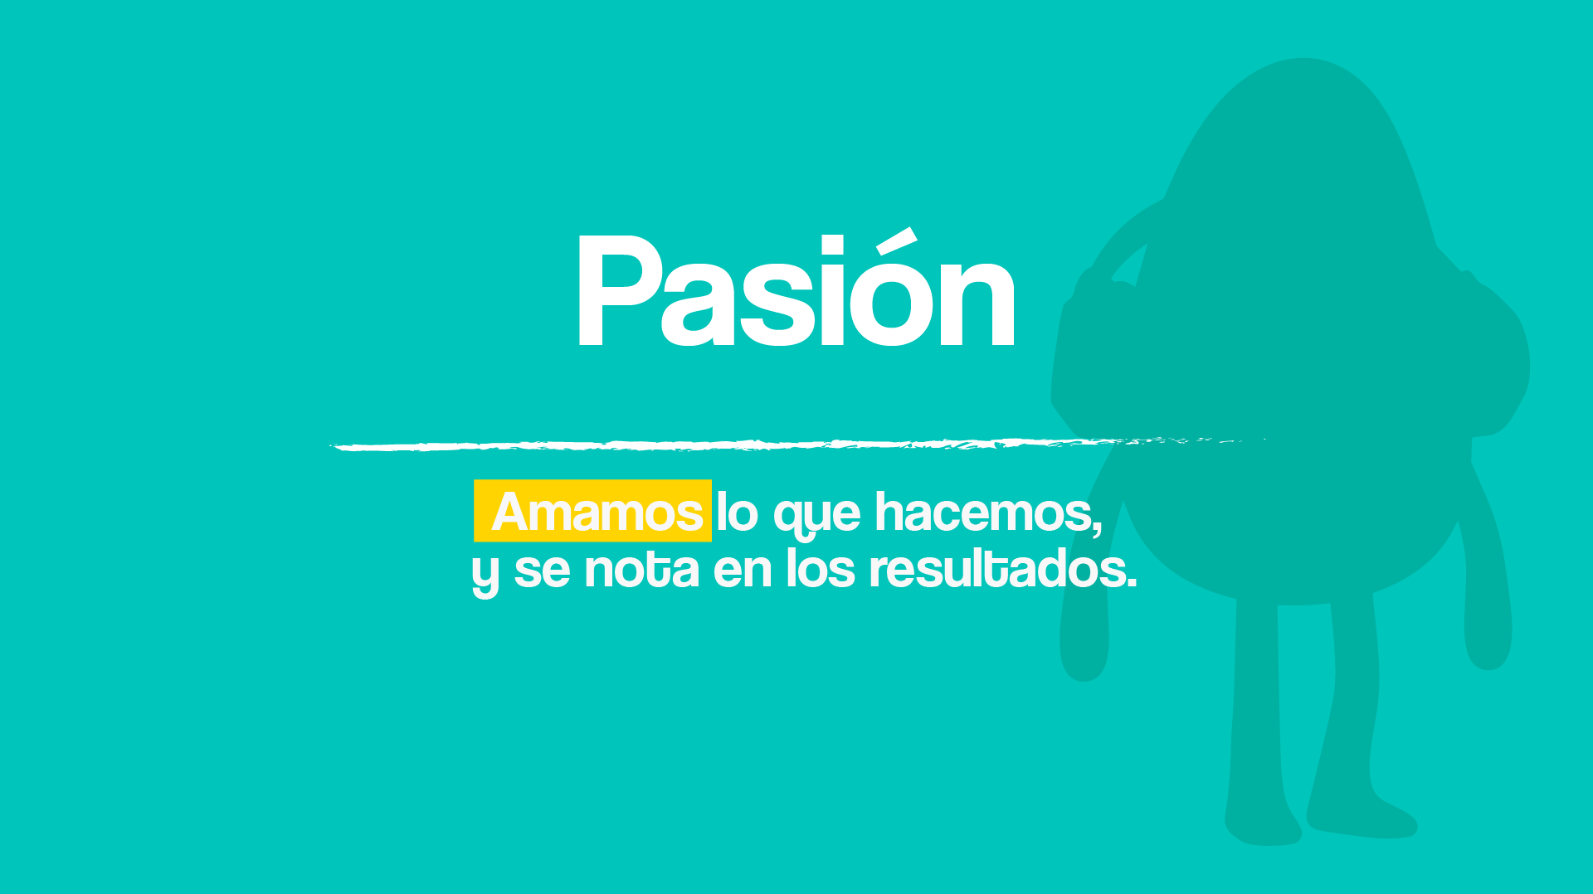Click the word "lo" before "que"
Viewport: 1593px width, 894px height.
[737, 512]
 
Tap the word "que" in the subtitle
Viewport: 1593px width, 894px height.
[817, 516]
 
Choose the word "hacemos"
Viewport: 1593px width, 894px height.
[984, 512]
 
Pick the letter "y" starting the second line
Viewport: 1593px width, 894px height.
[485, 574]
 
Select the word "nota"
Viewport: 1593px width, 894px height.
[641, 569]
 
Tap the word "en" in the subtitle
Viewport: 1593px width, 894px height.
[743, 571]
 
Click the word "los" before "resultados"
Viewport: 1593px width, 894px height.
[820, 568]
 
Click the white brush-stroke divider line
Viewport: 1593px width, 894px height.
[796, 445]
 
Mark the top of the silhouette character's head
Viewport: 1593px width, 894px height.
[1302, 60]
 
